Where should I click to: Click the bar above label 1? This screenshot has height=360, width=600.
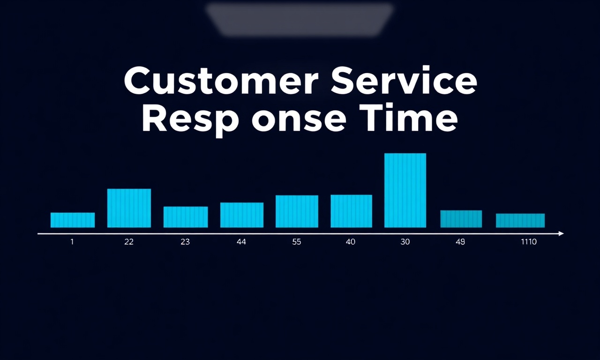(73, 220)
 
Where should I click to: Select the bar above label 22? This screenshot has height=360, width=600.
(129, 208)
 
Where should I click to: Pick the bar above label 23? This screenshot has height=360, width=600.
(186, 217)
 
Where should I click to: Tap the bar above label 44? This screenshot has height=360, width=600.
(242, 215)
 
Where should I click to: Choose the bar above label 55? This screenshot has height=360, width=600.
(297, 211)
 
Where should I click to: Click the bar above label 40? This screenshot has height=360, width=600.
(352, 211)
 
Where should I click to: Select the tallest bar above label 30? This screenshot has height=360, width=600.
(405, 190)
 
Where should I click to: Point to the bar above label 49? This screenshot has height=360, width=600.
(461, 219)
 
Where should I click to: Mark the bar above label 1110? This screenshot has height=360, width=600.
(520, 220)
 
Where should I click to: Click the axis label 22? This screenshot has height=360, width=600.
(129, 242)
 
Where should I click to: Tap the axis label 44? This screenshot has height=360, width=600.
(241, 242)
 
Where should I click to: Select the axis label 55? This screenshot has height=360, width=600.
(297, 242)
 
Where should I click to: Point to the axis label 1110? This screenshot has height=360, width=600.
(529, 242)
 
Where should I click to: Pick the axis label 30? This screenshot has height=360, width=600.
(405, 242)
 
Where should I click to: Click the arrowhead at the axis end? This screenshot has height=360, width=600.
(562, 234)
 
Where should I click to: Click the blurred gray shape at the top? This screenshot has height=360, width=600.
(300, 19)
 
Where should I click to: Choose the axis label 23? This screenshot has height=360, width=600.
(185, 242)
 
